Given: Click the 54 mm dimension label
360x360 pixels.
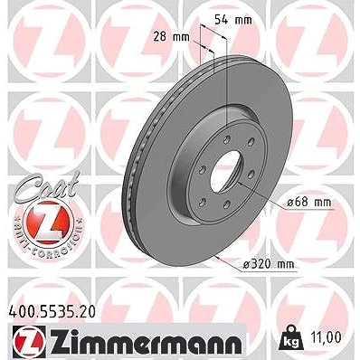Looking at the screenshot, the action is (232, 20).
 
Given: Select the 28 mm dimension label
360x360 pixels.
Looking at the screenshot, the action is (172, 37).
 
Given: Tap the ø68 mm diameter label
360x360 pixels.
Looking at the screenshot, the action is (308, 202).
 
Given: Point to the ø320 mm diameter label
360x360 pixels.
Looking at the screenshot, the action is (268, 264).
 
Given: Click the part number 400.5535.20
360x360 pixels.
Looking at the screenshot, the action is (51, 312).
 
